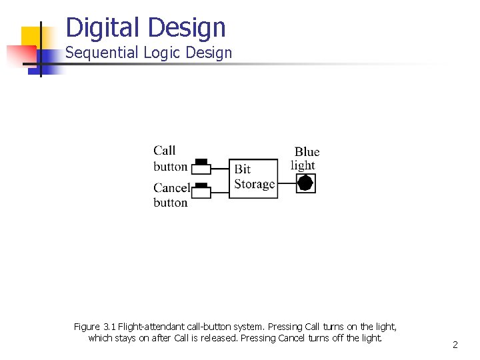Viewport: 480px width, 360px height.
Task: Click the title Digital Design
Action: click(146, 27)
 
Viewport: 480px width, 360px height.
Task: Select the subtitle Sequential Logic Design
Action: click(149, 53)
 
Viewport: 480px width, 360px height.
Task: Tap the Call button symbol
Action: click(201, 166)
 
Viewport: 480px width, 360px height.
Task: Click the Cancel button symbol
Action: click(201, 191)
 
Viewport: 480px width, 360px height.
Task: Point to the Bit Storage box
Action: click(253, 177)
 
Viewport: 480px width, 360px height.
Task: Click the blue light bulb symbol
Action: click(305, 183)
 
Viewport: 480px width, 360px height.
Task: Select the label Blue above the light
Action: click(307, 152)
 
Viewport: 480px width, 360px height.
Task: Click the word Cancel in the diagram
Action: click(171, 188)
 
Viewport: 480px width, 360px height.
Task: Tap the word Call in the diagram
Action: click(164, 151)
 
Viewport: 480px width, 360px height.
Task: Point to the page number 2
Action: click(455, 345)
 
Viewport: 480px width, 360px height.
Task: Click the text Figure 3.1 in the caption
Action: click(94, 327)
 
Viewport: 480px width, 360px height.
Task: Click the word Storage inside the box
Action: click(255, 184)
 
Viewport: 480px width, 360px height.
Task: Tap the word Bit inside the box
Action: click(243, 169)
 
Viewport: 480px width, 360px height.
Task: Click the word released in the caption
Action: click(218, 338)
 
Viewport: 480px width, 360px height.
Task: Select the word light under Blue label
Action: click(303, 165)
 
